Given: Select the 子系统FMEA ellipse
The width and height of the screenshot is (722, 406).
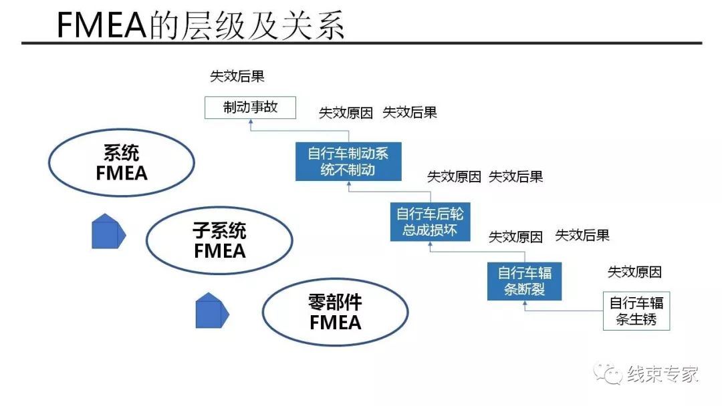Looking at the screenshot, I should (219, 241).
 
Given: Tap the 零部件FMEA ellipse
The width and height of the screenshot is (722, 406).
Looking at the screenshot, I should (335, 313).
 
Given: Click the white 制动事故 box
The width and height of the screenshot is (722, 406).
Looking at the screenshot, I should (249, 108).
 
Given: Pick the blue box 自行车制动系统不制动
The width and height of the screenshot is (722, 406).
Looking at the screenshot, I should (348, 162).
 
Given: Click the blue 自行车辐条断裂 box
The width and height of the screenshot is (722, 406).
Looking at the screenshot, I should (524, 282).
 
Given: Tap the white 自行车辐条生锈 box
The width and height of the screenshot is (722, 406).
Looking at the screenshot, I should (636, 311).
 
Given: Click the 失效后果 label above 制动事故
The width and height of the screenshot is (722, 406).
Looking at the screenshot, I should (237, 76).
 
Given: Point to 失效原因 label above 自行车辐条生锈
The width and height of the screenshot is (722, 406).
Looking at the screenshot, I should (634, 272).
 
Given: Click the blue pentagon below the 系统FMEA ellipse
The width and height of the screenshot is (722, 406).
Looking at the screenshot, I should (108, 231).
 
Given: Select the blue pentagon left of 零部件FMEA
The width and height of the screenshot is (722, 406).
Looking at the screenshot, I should (211, 311).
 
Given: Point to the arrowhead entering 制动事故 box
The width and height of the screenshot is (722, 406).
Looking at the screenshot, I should (250, 122).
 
